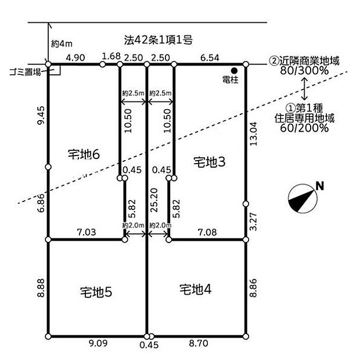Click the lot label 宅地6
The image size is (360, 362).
(84, 154)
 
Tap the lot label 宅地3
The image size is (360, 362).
(210, 162)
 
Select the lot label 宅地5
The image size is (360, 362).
(96, 292)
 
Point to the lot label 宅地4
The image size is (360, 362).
(196, 289)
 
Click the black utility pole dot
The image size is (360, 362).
(235, 70)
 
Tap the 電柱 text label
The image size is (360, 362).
(230, 80)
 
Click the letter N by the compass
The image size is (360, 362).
(320, 186)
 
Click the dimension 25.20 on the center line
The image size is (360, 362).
(154, 200)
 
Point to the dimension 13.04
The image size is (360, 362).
(254, 133)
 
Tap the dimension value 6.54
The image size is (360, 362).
(210, 57)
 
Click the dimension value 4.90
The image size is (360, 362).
(75, 57)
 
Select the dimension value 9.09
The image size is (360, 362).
(98, 343)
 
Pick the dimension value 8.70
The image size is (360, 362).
(199, 343)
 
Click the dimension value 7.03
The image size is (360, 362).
(87, 232)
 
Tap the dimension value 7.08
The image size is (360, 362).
(207, 232)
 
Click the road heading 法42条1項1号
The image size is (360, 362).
(159, 40)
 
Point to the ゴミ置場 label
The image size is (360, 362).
(25, 72)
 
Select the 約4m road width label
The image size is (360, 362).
(62, 44)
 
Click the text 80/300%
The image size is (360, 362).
(304, 70)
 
